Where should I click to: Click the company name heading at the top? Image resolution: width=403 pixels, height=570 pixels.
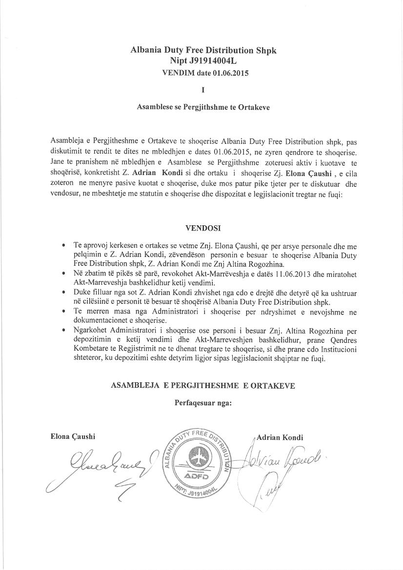[203, 50]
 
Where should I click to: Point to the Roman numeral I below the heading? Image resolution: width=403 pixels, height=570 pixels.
[202, 90]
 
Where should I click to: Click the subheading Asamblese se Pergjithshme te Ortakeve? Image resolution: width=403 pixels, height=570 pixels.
[203, 107]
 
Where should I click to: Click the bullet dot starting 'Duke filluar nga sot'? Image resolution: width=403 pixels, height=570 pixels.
[63, 292]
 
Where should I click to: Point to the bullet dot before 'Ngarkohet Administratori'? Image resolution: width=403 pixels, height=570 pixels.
[63, 330]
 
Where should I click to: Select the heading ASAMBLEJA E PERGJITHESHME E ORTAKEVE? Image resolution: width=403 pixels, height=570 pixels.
[203, 386]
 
